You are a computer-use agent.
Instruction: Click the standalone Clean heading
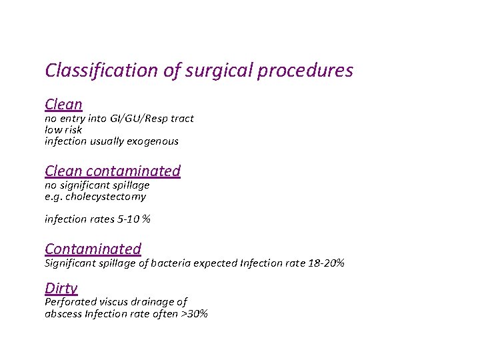[x=63, y=104]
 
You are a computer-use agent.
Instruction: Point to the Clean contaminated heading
[x=112, y=171]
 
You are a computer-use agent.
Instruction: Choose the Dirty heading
[x=61, y=288]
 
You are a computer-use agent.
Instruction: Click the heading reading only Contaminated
[x=93, y=249]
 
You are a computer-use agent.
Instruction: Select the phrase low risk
[x=63, y=130]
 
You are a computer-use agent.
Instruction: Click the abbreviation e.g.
[x=53, y=197]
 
